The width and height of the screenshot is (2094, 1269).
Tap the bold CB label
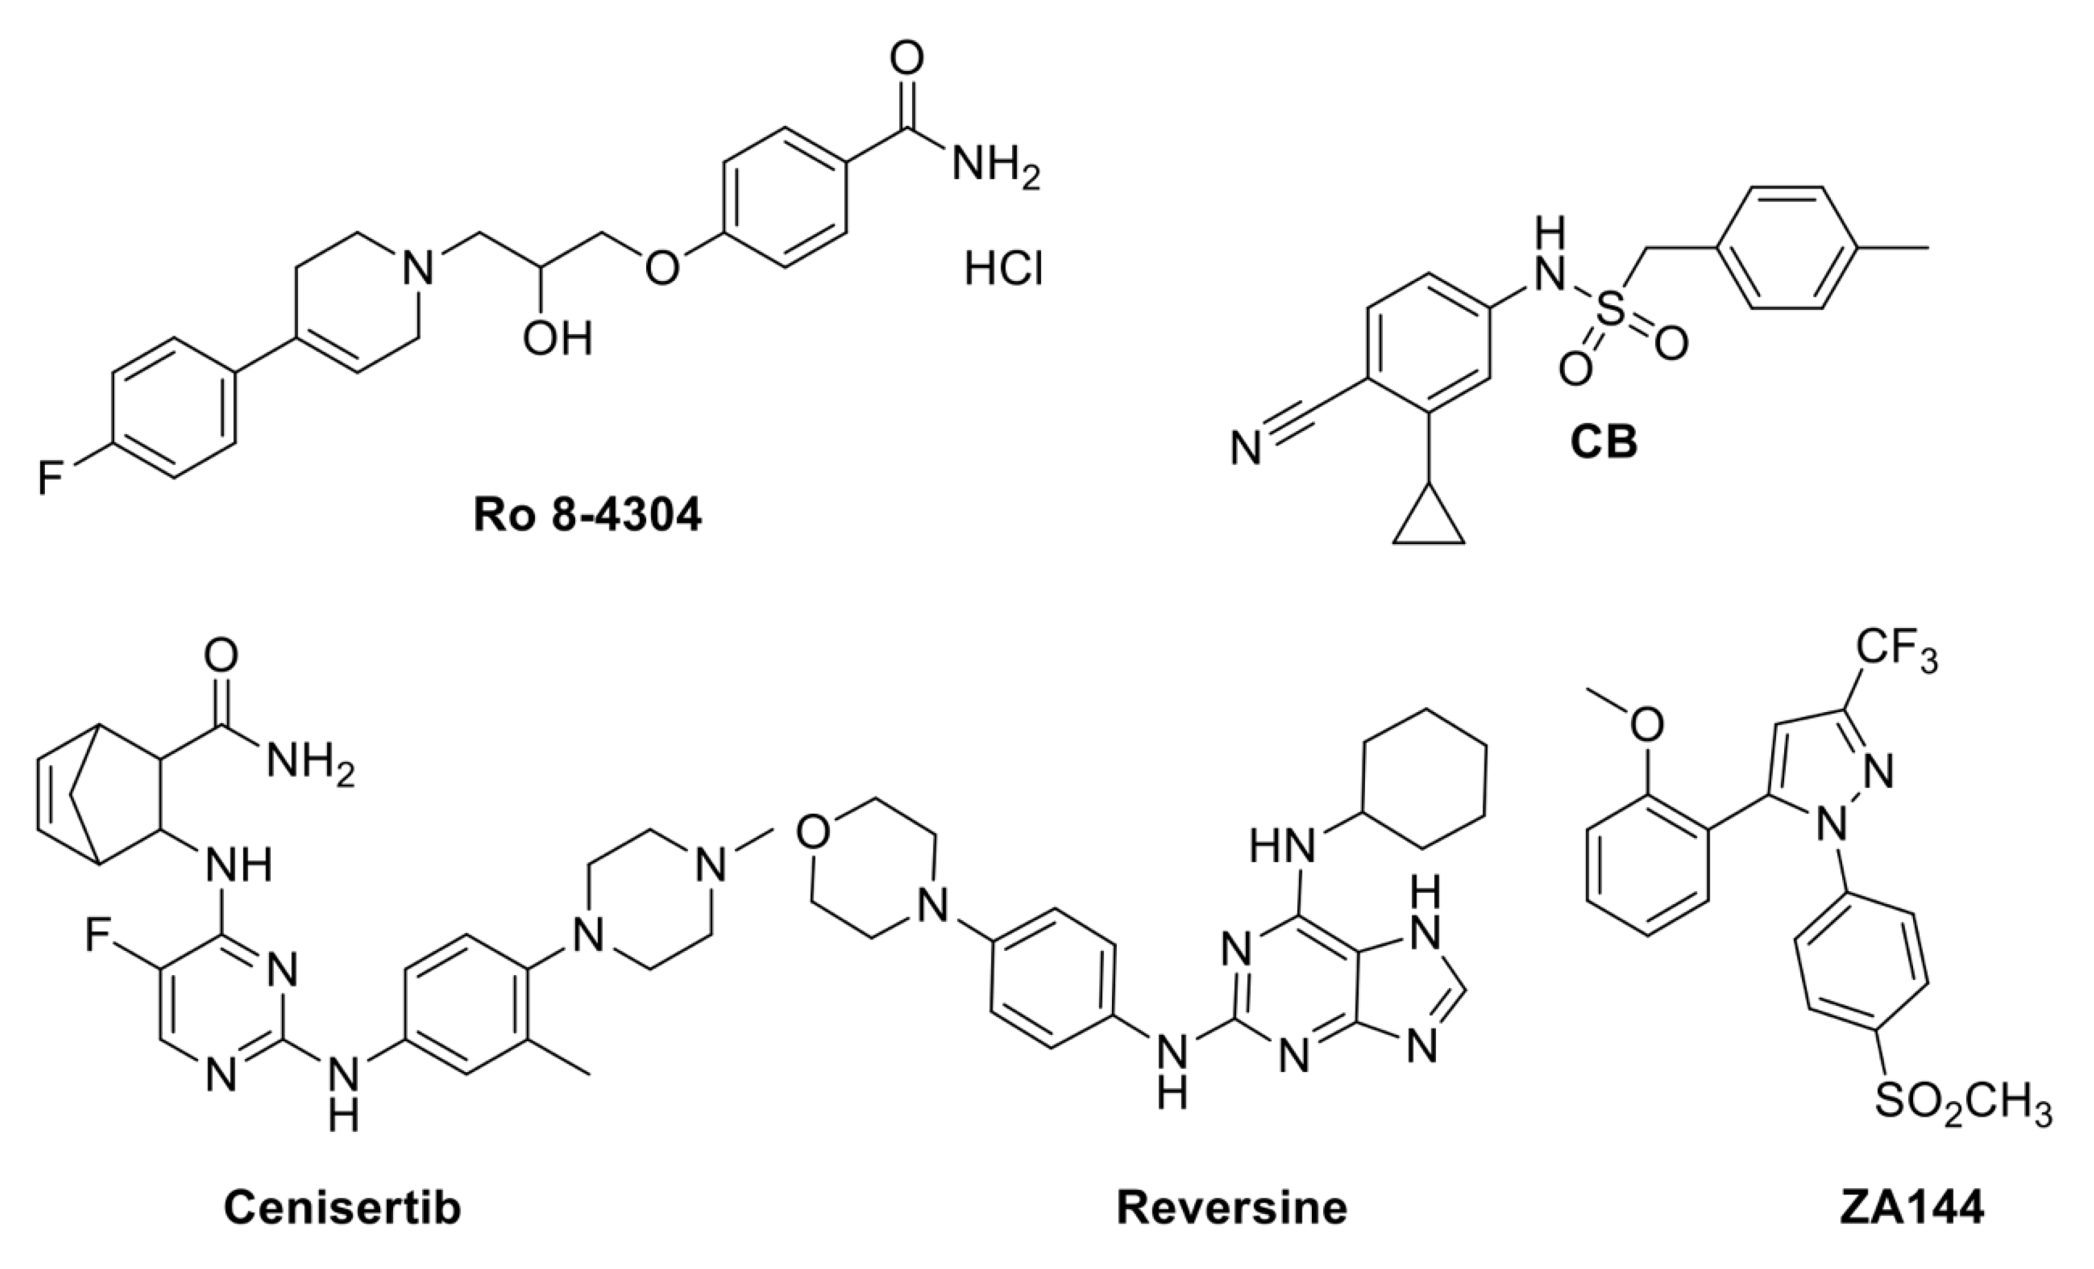click(1603, 443)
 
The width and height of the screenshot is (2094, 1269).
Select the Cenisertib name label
click(342, 1207)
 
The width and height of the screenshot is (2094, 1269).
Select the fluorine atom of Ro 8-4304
click(50, 478)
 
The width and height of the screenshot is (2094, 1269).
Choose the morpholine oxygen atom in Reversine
click(813, 832)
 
